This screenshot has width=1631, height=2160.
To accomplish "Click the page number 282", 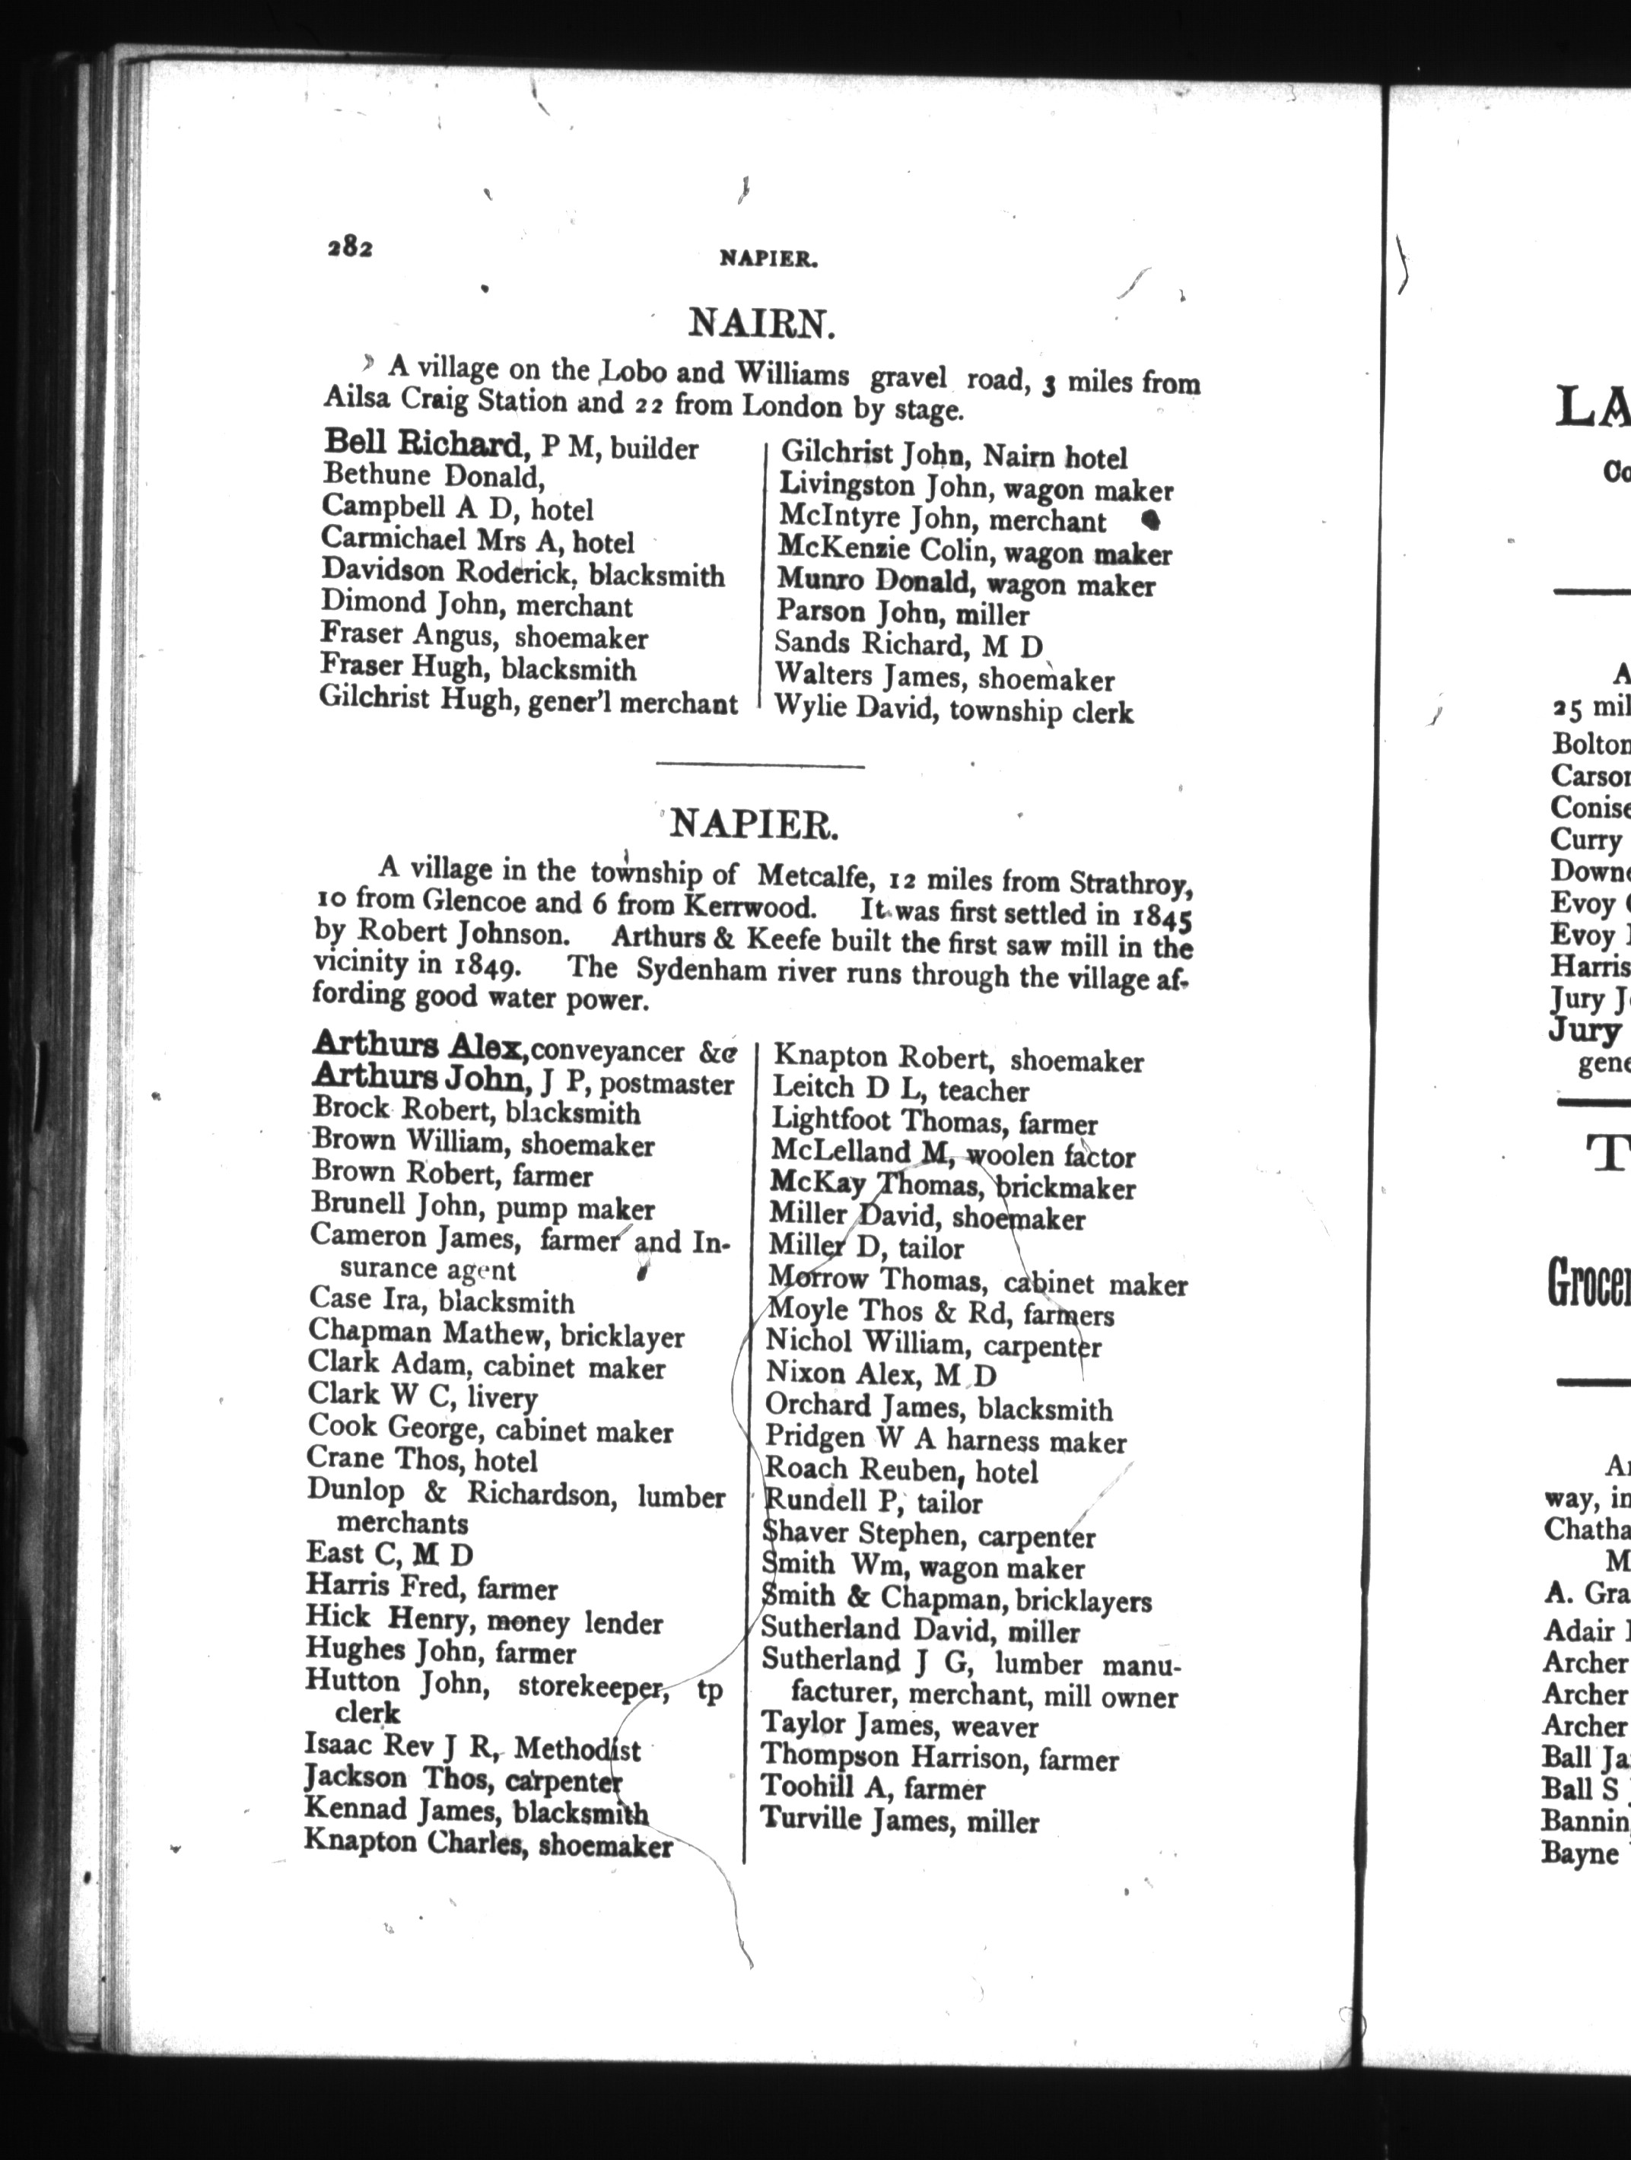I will [350, 248].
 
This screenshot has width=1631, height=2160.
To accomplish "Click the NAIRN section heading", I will [761, 322].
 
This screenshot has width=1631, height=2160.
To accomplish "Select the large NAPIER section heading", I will [754, 825].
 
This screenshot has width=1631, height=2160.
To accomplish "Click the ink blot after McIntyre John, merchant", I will [1152, 520].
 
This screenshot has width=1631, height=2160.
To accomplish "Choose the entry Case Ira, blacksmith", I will [441, 1301].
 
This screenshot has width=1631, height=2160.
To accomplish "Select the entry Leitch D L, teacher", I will [899, 1090].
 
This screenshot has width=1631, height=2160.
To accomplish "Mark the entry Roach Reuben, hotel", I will [899, 1469].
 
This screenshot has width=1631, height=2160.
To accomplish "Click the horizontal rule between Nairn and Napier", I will [760, 764].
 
